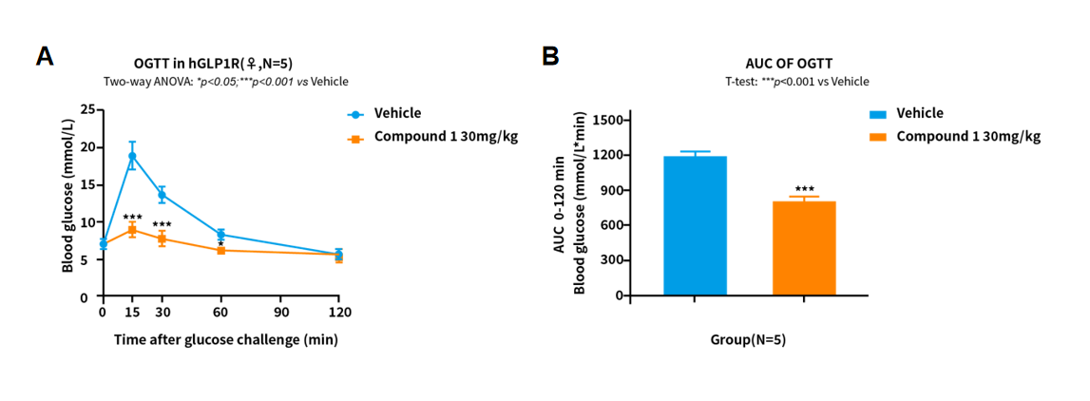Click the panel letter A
pyautogui.click(x=45, y=56)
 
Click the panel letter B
pyautogui.click(x=550, y=56)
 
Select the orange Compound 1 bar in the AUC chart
pyautogui.click(x=804, y=248)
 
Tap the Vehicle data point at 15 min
pyautogui.click(x=132, y=156)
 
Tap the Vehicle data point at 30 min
pyautogui.click(x=162, y=195)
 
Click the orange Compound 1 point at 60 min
pyautogui.click(x=220, y=250)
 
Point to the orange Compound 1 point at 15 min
pyautogui.click(x=132, y=229)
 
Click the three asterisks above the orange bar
pyautogui.click(x=804, y=189)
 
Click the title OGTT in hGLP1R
pyautogui.click(x=212, y=64)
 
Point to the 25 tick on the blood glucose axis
pyautogui.click(x=89, y=109)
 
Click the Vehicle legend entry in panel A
pyautogui.click(x=397, y=113)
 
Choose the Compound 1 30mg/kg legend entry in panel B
pyautogui.click(x=967, y=136)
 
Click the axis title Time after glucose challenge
pyautogui.click(x=225, y=339)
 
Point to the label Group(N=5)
pyautogui.click(x=748, y=339)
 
